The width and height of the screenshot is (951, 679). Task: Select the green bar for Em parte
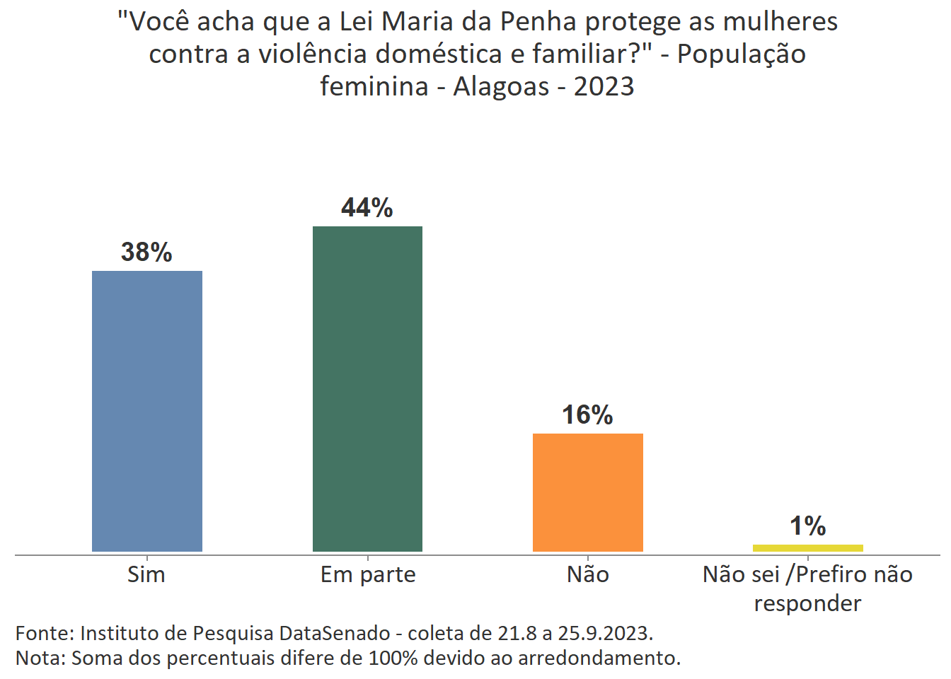[367, 388]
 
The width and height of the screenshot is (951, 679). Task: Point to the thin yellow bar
[807, 547]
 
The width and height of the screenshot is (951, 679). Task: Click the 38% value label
[146, 252]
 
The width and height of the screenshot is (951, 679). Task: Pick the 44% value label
[367, 207]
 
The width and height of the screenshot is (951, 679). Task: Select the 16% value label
[587, 414]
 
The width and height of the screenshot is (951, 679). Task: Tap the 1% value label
[807, 526]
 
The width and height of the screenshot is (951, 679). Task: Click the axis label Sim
[146, 574]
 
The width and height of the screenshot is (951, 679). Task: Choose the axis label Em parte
[368, 574]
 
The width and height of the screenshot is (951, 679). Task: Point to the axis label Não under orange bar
[587, 574]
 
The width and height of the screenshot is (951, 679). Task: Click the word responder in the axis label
[807, 603]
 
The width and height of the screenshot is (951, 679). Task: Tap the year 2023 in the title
[604, 86]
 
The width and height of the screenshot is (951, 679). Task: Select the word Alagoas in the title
[501, 86]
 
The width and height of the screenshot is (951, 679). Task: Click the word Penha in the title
[538, 22]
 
